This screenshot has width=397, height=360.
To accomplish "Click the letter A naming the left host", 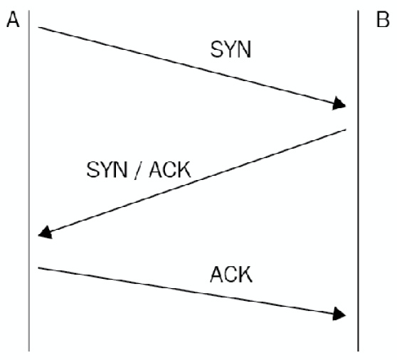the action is pyautogui.click(x=13, y=20).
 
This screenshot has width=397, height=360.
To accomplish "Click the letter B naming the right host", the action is pyautogui.click(x=383, y=20).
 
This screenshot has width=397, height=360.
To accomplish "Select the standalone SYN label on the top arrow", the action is pyautogui.click(x=231, y=50).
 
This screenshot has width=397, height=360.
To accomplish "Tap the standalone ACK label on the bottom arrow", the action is pyautogui.click(x=231, y=275).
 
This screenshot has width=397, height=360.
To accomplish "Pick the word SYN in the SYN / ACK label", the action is pyautogui.click(x=107, y=170).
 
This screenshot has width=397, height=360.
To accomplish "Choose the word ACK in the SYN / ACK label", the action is pyautogui.click(x=170, y=170).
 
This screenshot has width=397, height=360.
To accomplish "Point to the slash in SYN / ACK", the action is pyautogui.click(x=138, y=170).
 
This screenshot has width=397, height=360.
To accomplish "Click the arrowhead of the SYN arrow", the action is pyautogui.click(x=339, y=104).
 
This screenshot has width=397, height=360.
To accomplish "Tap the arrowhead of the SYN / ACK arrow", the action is pyautogui.click(x=46, y=233).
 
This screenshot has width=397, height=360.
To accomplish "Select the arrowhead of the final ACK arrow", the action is pyautogui.click(x=339, y=314).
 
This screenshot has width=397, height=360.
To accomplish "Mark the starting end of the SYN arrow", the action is pyautogui.click(x=38, y=27).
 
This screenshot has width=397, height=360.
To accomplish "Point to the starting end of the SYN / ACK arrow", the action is pyautogui.click(x=346, y=129).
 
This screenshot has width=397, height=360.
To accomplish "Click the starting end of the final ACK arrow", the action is pyautogui.click(x=38, y=268).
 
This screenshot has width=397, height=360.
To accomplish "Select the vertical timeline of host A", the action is pyautogui.click(x=29, y=181).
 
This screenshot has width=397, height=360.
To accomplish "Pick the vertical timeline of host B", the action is pyautogui.click(x=358, y=181).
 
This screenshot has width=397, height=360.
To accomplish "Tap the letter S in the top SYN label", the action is pyautogui.click(x=217, y=50).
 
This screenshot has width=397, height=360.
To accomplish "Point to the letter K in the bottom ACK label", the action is pyautogui.click(x=245, y=275).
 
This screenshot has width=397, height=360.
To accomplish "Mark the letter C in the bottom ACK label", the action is pyautogui.click(x=232, y=275).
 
